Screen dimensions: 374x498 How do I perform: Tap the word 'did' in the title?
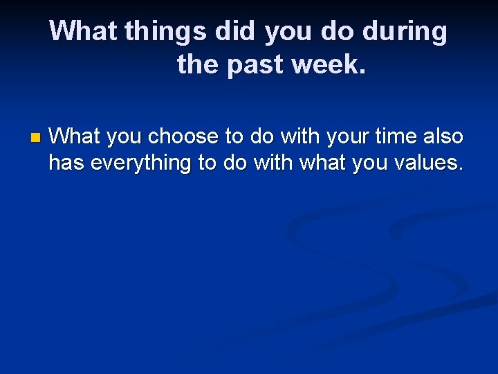[x=238, y=31]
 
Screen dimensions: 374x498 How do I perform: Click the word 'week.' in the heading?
[x=329, y=65]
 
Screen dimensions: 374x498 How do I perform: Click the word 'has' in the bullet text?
[x=66, y=163]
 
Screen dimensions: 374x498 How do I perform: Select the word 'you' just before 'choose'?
[x=124, y=137]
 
